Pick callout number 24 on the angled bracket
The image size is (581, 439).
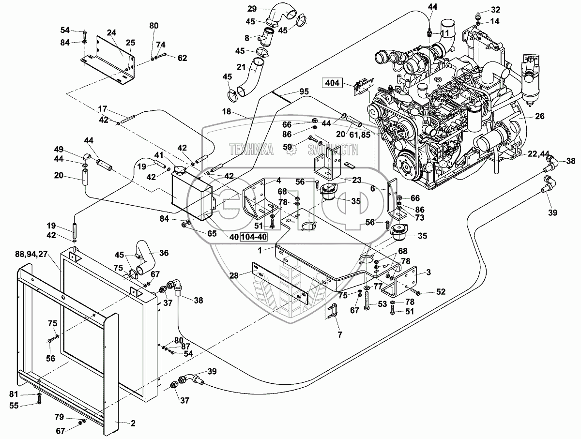click(x=112, y=33)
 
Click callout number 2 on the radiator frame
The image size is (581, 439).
click(x=133, y=423)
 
